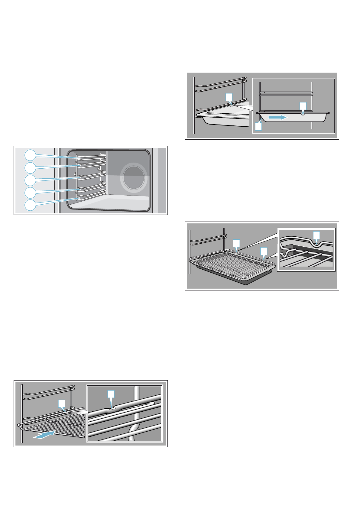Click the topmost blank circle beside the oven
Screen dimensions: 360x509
click(30, 155)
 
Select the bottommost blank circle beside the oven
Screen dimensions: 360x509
click(30, 205)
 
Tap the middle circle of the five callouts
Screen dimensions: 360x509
click(30, 180)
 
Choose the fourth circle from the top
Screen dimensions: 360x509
click(30, 192)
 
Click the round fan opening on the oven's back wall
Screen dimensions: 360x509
click(134, 177)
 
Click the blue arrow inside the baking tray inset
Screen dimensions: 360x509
click(278, 117)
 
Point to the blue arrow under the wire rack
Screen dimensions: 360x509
click(44, 435)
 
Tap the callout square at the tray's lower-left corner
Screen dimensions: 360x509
click(258, 126)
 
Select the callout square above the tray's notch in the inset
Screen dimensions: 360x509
click(303, 106)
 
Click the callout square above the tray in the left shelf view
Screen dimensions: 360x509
click(229, 97)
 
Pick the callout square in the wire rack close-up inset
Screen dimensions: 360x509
click(111, 394)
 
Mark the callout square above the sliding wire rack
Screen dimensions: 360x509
click(62, 404)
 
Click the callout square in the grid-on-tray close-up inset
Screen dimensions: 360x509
click(316, 235)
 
